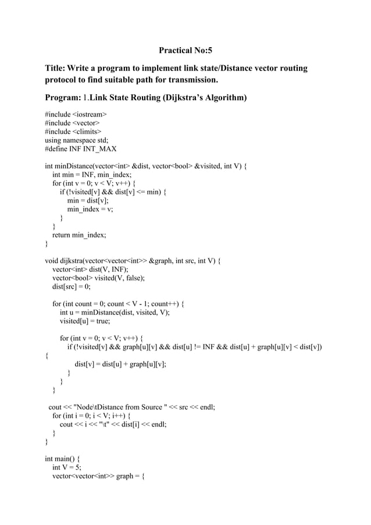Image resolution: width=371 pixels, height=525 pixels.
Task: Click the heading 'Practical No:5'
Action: coord(185,51)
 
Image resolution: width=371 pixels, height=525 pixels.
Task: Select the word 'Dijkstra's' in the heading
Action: coord(166,97)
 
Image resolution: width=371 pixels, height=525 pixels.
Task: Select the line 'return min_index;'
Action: coord(79,235)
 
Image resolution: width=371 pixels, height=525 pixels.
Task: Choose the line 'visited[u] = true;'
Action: coord(85,321)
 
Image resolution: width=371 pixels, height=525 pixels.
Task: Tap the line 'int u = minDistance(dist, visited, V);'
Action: coord(115,312)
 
